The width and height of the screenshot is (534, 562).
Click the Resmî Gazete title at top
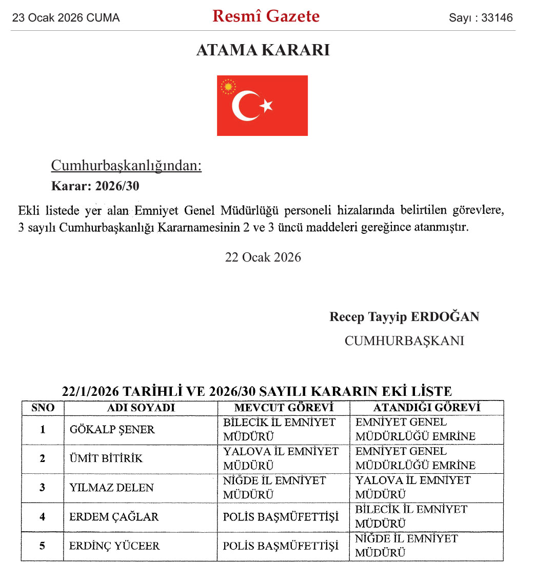266,16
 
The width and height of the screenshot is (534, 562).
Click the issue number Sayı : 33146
481,18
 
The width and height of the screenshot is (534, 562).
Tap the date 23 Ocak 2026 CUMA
66,18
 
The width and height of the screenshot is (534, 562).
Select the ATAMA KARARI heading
263,50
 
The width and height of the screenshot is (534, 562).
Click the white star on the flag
266,106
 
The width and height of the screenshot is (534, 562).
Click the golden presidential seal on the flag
228,86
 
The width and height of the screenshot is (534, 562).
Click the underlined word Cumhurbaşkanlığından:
126,166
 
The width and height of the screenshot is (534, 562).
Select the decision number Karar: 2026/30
95,186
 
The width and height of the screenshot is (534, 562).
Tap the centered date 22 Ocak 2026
263,257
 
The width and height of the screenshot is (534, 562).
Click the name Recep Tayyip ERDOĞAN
404,316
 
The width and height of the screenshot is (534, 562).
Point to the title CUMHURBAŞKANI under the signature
404,340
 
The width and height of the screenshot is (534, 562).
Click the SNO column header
43,408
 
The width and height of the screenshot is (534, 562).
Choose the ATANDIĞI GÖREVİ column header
426,408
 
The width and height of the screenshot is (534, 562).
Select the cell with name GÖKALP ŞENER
112,430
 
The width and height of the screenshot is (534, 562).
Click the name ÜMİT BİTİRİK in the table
106,458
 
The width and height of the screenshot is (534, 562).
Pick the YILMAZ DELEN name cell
111,487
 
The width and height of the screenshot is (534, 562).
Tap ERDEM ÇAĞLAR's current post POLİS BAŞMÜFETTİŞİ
281,517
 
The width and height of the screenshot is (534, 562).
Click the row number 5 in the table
43,546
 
